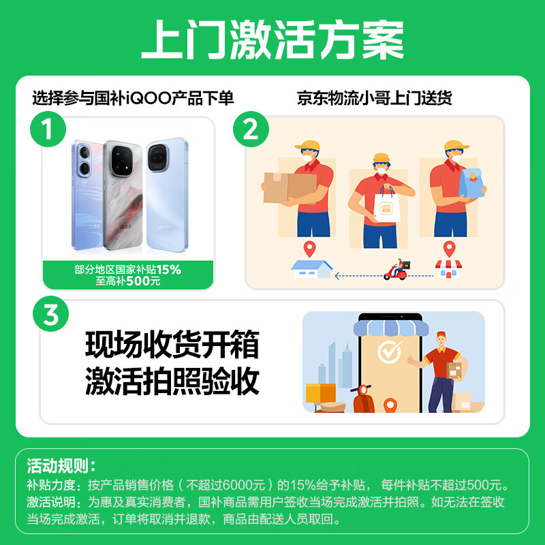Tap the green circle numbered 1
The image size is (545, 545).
48,129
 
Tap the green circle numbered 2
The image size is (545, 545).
251,129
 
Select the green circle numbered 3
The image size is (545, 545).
51,315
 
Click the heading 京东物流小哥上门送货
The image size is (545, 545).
374,98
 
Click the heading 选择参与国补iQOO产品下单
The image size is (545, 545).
133,98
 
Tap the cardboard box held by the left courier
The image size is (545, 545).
289,187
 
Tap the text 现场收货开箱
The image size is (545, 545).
172,346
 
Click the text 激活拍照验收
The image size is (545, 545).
172,381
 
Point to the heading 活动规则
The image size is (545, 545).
61,467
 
